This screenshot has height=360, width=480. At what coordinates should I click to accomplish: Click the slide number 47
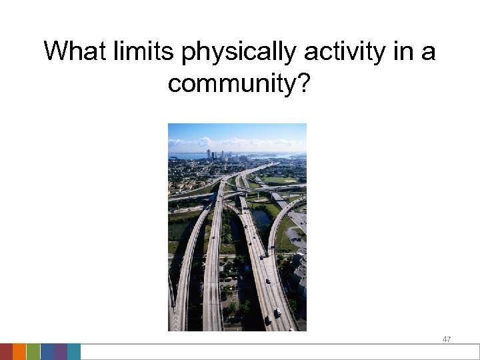tap(447, 339)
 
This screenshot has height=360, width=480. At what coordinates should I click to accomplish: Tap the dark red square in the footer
tap(6, 352)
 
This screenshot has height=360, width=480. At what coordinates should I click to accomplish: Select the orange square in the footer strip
tap(19, 352)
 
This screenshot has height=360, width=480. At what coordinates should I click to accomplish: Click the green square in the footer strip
tap(33, 352)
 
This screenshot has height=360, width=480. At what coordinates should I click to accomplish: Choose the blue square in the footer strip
tap(47, 352)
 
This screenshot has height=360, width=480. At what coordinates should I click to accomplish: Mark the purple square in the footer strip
tap(60, 352)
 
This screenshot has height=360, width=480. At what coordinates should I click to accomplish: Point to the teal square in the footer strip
tap(74, 352)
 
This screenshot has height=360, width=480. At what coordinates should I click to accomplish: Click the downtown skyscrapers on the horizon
tap(217, 155)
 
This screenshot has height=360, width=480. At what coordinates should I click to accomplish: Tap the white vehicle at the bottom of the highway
tap(277, 312)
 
